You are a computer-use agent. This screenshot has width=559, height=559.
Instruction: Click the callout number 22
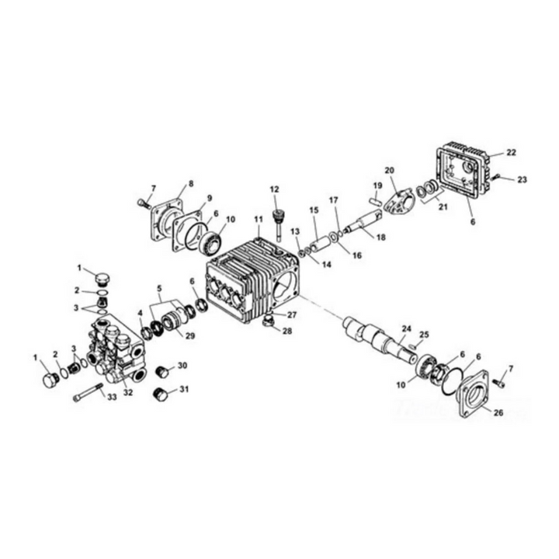tap(511, 153)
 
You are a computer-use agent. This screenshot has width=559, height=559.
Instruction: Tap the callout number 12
tap(275, 189)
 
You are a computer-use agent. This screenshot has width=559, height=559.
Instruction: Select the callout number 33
tap(112, 398)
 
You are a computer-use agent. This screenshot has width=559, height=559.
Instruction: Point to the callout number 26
tap(498, 413)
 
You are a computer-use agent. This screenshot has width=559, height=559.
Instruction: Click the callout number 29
tap(190, 335)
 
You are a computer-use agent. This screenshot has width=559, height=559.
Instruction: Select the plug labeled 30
tap(162, 371)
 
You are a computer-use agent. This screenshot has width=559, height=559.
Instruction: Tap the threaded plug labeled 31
tap(159, 394)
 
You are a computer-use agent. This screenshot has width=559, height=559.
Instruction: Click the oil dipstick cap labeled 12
tap(276, 222)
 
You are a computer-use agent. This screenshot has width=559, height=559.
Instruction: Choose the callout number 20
tap(389, 170)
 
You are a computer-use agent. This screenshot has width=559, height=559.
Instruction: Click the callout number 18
tap(380, 237)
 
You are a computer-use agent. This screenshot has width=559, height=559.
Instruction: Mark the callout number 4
tap(141, 313)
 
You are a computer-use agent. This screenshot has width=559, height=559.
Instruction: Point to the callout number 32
tap(128, 392)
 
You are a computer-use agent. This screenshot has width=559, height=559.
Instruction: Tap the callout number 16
tap(357, 255)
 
